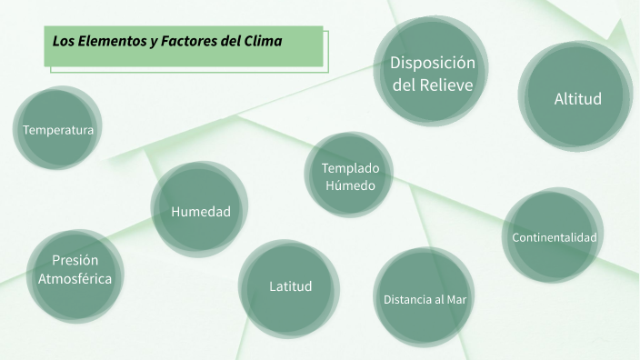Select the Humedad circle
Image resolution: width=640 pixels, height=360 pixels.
(x=200, y=211)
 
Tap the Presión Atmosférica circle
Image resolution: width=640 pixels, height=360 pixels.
(x=75, y=269)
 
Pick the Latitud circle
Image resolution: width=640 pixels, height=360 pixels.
(x=290, y=286)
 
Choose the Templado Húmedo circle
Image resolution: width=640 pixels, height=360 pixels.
(x=350, y=176)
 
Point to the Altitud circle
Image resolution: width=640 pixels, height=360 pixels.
(x=577, y=97)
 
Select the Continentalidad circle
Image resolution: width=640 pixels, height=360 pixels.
(x=554, y=237)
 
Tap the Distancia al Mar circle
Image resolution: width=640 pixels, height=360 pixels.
(x=425, y=298)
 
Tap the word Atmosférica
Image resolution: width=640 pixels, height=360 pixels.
(x=75, y=278)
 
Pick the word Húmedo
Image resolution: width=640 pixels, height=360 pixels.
(x=350, y=185)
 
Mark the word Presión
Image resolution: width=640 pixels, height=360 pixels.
(x=75, y=259)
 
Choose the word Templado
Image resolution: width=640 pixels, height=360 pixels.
(x=350, y=167)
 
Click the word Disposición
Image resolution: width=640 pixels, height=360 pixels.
(x=433, y=63)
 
